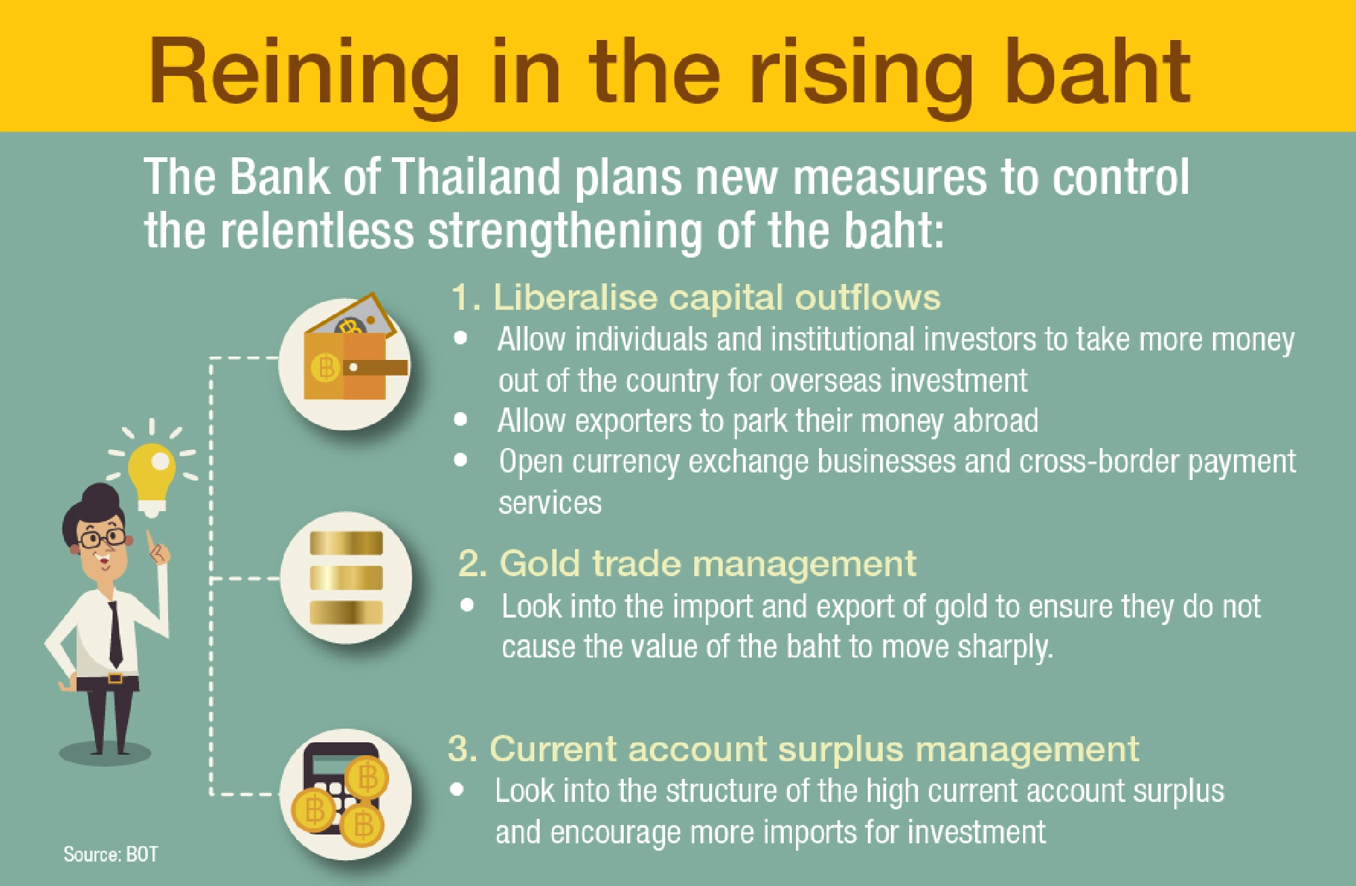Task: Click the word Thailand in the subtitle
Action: tap(477, 178)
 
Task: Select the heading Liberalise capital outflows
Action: tap(696, 298)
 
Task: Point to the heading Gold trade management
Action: tap(687, 563)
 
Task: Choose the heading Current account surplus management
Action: tap(793, 749)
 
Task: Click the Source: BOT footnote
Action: tap(111, 854)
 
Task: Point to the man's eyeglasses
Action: tap(102, 540)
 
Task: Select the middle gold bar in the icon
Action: tap(346, 578)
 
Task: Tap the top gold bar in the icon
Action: tap(346, 543)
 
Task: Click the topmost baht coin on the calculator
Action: tap(367, 777)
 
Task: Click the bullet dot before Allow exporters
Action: tap(461, 420)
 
